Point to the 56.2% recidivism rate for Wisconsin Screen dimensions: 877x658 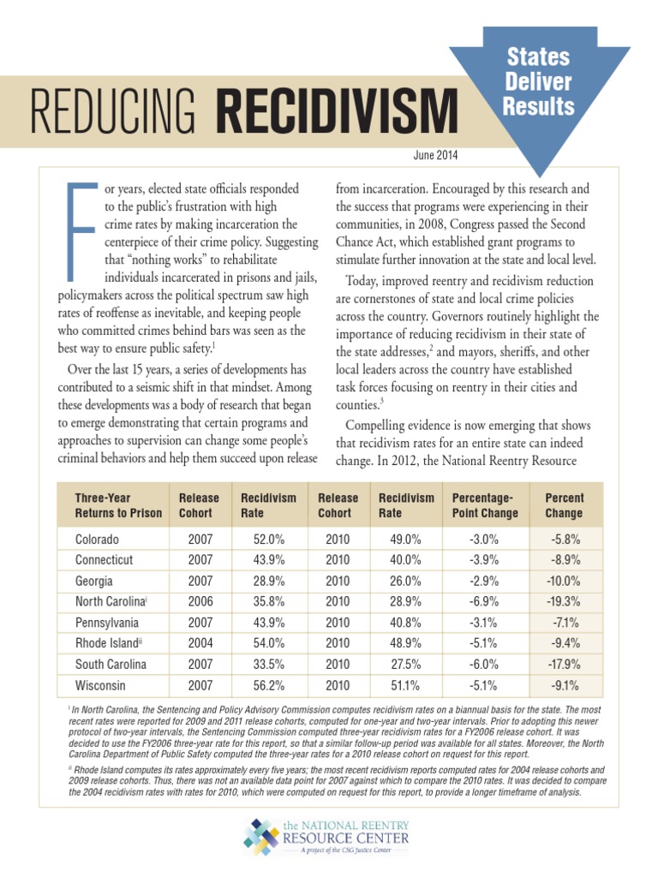click(x=266, y=685)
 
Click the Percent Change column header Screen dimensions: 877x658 click(x=564, y=505)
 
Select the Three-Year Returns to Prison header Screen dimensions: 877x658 click(x=117, y=505)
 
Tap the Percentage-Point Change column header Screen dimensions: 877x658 click(x=484, y=505)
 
